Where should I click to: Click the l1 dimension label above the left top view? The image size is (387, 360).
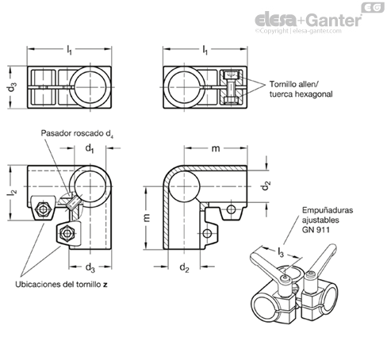69,50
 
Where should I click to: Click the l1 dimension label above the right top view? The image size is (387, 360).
205,50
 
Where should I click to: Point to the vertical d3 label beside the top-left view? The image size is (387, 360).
12,87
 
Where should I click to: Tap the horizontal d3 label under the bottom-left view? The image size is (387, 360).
90,267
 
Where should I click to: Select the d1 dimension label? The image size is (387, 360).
90,148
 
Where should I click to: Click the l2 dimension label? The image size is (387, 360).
12,193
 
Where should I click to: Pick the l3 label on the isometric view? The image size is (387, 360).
281,253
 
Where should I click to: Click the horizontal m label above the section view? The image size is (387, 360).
216,149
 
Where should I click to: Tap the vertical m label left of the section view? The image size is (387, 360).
147,217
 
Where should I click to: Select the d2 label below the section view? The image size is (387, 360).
184,267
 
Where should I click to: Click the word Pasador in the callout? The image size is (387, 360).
56,133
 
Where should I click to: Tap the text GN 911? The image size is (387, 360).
316,229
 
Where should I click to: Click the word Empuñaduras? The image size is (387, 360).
328,211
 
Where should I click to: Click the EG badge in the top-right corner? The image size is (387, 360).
373,7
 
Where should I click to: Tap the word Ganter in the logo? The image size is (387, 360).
334,20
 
